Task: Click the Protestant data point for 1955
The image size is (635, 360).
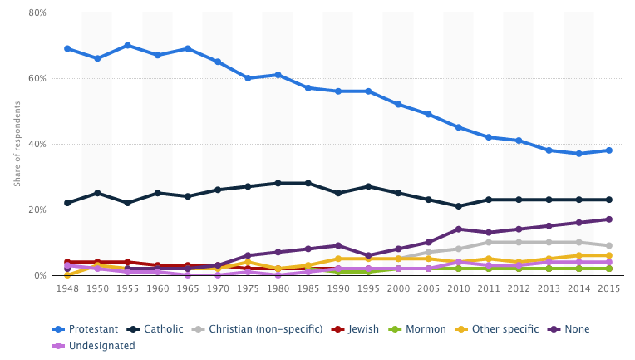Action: click(x=127, y=45)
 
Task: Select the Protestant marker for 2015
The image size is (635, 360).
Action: click(x=608, y=150)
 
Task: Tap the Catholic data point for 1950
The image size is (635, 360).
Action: click(x=97, y=193)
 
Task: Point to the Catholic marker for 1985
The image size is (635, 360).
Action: click(x=308, y=183)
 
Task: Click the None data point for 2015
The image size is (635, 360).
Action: click(x=608, y=219)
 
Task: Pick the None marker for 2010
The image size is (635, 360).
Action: click(x=458, y=229)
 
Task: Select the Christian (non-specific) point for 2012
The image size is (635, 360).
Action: click(x=518, y=243)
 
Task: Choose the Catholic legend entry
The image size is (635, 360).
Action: click(x=159, y=329)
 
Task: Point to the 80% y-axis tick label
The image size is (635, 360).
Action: click(x=37, y=13)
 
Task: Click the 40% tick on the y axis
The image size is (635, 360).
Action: click(x=37, y=144)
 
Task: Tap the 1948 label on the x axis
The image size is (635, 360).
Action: click(x=67, y=289)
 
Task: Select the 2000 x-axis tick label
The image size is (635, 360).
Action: click(x=398, y=289)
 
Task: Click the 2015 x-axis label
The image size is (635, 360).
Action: click(x=608, y=289)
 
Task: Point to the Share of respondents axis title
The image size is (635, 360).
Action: click(x=17, y=144)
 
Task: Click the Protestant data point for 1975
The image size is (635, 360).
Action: click(x=248, y=78)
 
